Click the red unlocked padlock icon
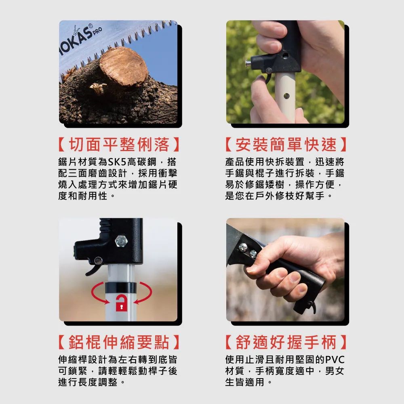(x=121, y=303)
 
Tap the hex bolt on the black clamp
(x=121, y=241)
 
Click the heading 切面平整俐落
(x=119, y=145)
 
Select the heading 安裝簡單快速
(x=286, y=145)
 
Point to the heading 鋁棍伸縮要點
(x=119, y=342)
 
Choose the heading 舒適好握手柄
(x=286, y=342)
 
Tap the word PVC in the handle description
(x=335, y=360)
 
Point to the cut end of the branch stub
(x=124, y=66)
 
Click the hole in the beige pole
(x=286, y=96)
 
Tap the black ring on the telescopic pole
(x=120, y=288)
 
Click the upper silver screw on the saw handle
(x=243, y=248)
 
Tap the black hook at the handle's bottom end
(x=313, y=307)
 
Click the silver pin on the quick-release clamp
(x=248, y=63)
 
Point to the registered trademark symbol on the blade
(x=90, y=26)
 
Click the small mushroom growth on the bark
(x=98, y=88)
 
